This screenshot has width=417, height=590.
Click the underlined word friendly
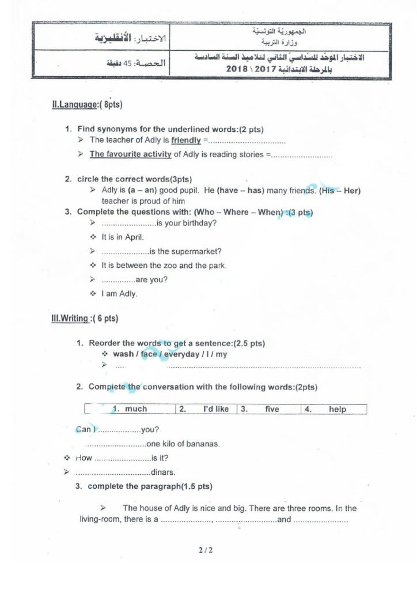(186, 140)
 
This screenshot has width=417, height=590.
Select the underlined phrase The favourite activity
(131, 154)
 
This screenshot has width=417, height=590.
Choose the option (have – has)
(229, 190)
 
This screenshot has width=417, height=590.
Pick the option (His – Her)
(342, 190)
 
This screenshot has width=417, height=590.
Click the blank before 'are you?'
(117, 280)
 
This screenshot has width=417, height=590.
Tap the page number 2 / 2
(206, 550)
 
